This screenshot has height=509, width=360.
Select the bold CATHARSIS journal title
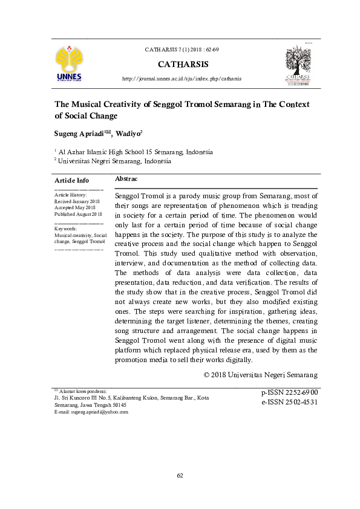[x=182, y=63]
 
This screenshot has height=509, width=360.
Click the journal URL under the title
[x=182, y=79]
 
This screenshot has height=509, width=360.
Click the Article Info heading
[x=71, y=180]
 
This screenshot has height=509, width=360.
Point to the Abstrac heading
[x=126, y=179]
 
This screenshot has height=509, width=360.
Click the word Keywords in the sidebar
[x=65, y=229]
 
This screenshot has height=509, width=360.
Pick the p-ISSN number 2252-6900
[x=289, y=392]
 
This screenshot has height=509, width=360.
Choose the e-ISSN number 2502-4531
[x=289, y=401]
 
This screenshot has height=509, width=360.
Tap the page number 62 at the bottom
[x=180, y=476]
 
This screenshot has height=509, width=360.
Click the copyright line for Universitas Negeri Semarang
[x=261, y=375]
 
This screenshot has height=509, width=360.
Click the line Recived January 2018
[x=76, y=201]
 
